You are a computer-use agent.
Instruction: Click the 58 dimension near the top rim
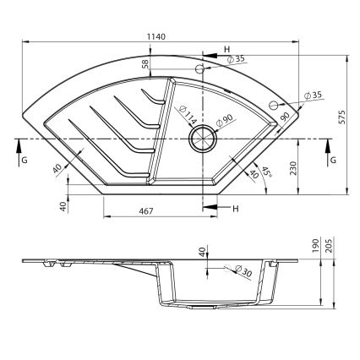145,63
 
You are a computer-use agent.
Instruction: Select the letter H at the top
227,49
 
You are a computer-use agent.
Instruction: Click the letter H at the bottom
236,208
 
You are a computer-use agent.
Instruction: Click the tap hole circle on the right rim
273,104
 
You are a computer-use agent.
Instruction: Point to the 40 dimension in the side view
202,253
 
